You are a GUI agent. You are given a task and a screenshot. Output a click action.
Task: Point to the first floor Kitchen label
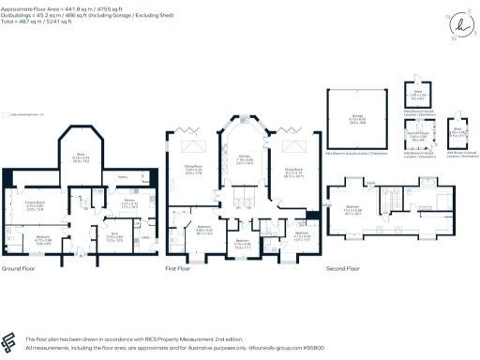tap(244, 159)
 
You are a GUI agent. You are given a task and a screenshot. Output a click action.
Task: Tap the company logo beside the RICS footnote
tap(9, 340)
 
